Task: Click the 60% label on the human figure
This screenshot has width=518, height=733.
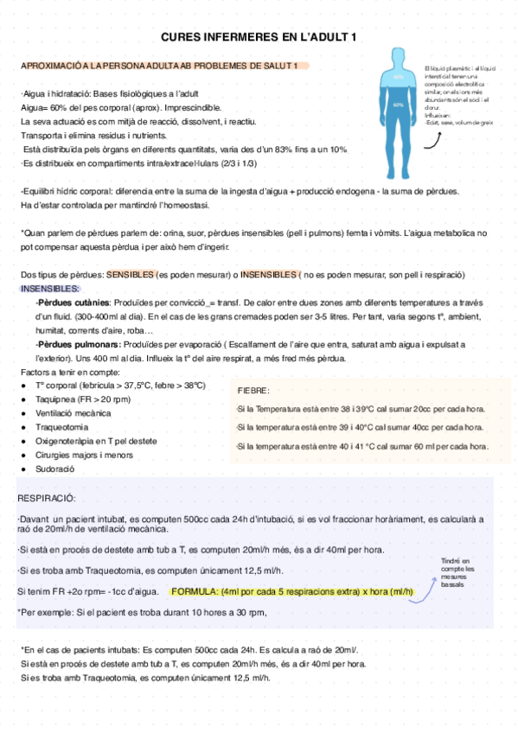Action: (x=398, y=105)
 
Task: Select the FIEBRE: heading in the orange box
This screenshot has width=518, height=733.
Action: (x=254, y=391)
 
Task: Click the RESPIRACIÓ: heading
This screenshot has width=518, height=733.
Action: (x=47, y=499)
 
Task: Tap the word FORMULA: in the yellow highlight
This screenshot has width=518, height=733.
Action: (x=195, y=592)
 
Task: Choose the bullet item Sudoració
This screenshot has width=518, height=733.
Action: (x=55, y=468)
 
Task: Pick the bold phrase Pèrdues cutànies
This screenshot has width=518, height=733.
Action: (x=74, y=303)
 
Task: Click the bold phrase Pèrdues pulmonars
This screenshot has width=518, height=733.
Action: (x=76, y=344)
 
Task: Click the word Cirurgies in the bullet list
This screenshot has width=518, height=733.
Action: (x=54, y=455)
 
